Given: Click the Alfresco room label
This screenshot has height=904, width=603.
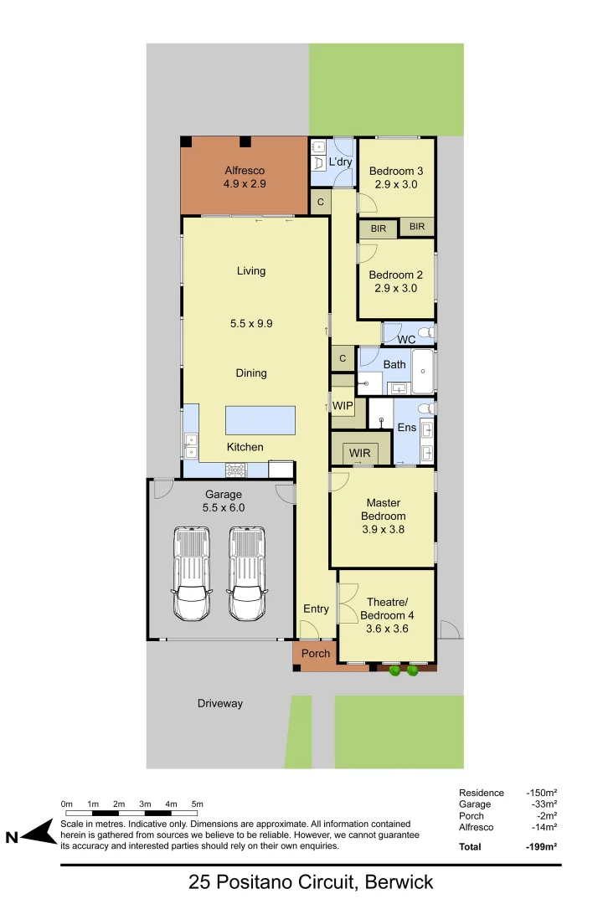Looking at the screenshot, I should (245, 171).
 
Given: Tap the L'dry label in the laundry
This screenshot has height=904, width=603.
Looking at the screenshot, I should (340, 162).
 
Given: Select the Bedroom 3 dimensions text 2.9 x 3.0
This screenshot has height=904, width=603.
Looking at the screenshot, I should (395, 184).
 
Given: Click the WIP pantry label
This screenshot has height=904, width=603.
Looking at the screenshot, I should (343, 405).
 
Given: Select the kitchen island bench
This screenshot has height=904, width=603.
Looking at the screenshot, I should (260, 420).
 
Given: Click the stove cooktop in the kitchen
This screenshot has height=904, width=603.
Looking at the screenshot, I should (236, 470).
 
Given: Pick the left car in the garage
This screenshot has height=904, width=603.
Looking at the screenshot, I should (192, 573).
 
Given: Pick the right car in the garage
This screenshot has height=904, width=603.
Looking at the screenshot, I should (247, 573).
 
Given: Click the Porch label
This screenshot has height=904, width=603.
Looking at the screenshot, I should (316, 653).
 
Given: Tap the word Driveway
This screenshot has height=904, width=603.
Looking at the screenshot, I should (220, 703).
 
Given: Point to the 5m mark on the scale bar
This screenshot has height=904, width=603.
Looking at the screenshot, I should (197, 804).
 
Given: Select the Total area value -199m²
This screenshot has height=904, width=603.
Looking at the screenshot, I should (542, 846).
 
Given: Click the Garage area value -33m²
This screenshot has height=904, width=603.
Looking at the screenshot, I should (543, 804).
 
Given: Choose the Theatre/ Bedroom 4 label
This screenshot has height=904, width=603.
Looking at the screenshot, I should (387, 609).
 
